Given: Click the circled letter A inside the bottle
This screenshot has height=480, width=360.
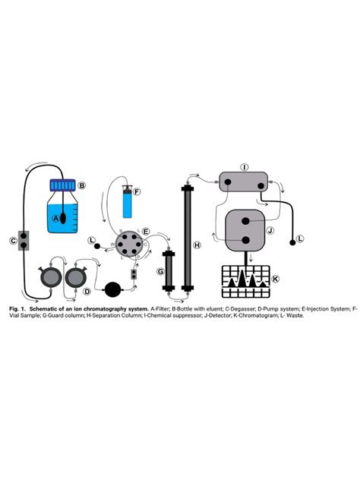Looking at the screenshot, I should pyautogui.click(x=55, y=217).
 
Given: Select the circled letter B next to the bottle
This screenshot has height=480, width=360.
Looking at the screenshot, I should pyautogui.click(x=83, y=185).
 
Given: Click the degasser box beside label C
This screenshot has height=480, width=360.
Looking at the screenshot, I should pyautogui.click(x=25, y=241).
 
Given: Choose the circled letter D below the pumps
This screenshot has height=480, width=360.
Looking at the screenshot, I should pyautogui.click(x=87, y=291).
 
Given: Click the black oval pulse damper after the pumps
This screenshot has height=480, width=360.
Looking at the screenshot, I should pyautogui.click(x=113, y=288).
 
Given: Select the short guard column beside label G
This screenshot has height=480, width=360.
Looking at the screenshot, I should pyautogui.click(x=168, y=270).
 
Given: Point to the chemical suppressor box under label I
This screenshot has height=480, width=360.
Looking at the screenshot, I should pyautogui.click(x=245, y=182).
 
